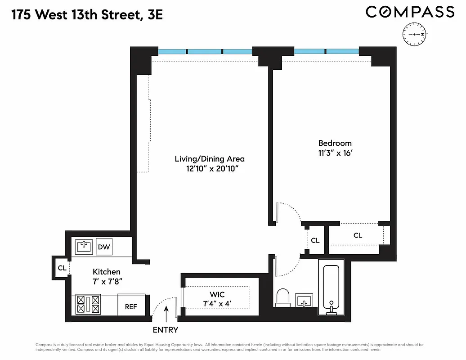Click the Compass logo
tap(410, 12)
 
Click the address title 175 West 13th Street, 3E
tap(87, 15)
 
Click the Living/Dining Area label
tap(210, 159)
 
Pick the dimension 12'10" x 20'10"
tap(209, 169)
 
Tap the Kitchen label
tap(107, 272)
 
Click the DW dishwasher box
tap(104, 247)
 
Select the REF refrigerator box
tap(131, 306)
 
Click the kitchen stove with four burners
tap(88, 304)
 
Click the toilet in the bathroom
tap(284, 297)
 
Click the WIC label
tap(217, 294)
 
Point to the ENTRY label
tap(166, 330)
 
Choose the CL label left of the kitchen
tap(62, 268)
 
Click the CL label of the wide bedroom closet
tap(358, 235)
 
